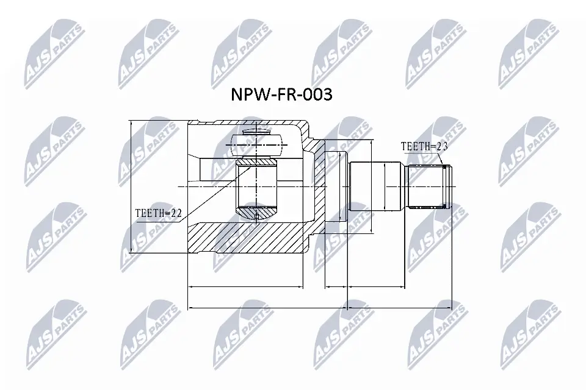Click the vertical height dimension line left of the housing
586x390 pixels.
tap(131, 186)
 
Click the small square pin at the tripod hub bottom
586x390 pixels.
tap(257, 216)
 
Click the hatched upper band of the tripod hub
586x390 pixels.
tap(257, 163)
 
